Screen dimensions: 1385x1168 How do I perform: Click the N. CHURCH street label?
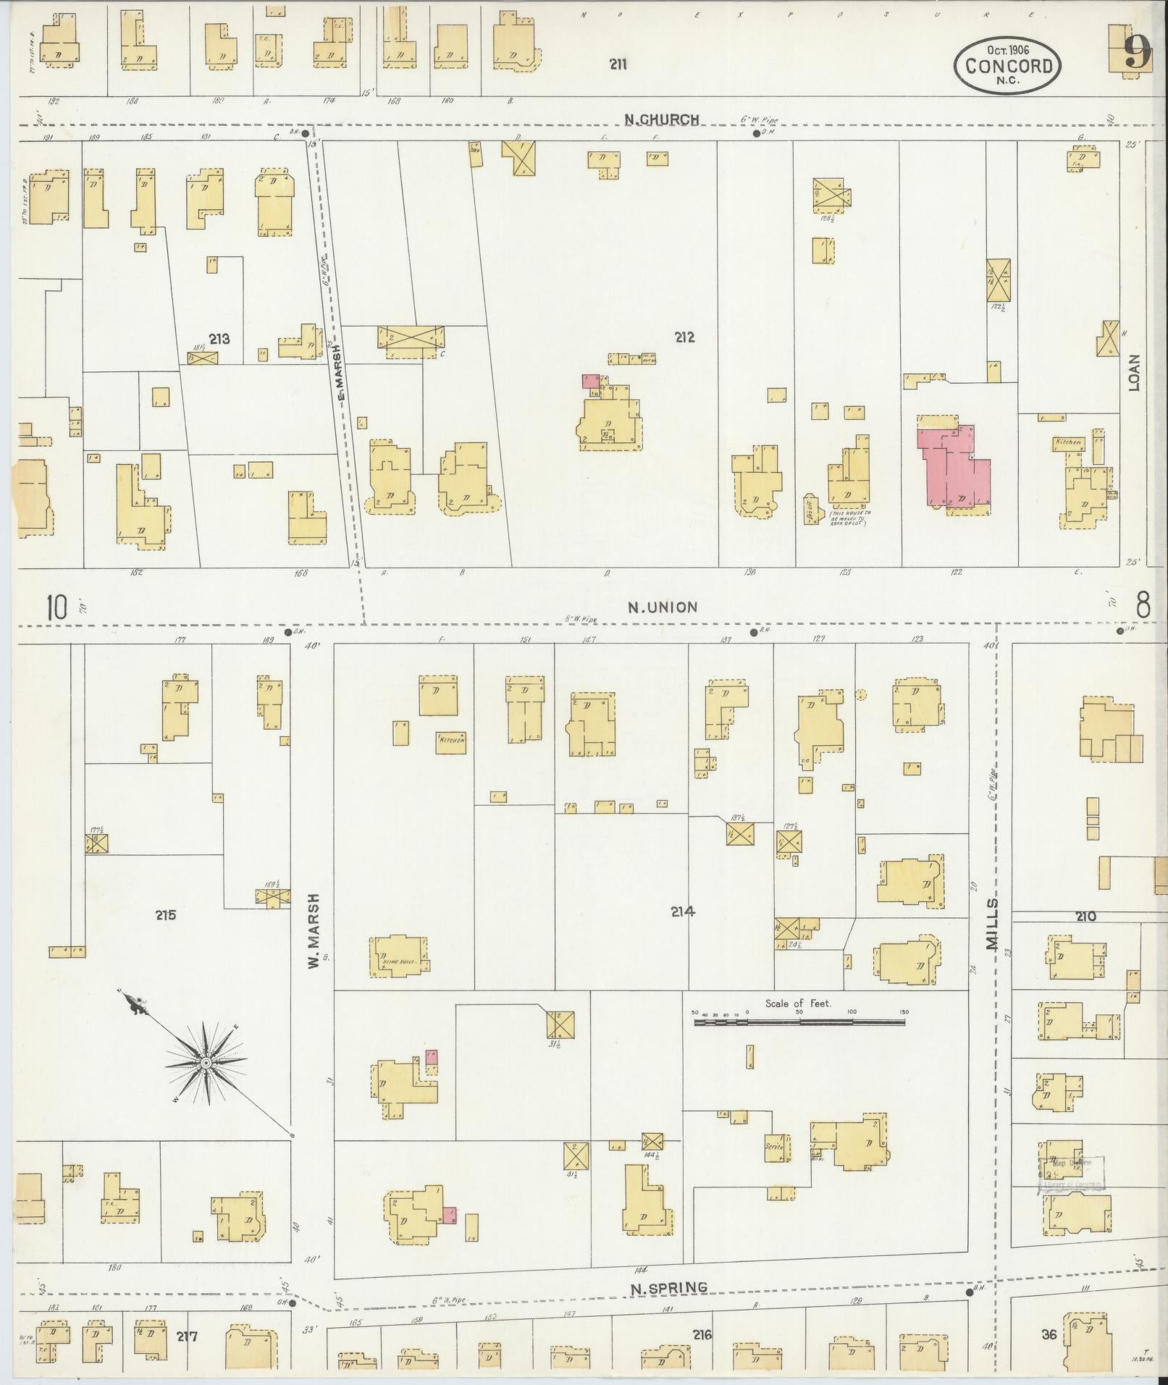pos(663,119)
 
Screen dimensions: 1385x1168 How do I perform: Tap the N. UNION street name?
pos(663,607)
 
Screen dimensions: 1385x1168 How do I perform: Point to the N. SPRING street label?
pos(668,1287)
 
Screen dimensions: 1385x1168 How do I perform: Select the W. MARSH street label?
pos(314,931)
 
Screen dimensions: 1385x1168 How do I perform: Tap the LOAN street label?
pos(1134,372)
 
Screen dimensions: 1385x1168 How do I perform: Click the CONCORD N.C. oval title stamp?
pos(1008,66)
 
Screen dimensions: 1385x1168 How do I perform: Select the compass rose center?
pos(206,1063)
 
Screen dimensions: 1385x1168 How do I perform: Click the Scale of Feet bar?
pos(799,1022)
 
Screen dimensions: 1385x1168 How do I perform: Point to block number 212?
pos(684,337)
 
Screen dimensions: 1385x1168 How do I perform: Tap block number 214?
pos(682,912)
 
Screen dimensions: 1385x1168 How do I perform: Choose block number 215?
pos(165,915)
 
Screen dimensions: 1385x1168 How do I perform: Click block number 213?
pos(219,338)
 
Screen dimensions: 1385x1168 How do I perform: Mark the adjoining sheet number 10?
pos(56,607)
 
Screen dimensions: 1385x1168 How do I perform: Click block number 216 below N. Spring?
pos(702,1334)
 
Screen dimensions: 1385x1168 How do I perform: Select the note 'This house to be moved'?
pos(850,517)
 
